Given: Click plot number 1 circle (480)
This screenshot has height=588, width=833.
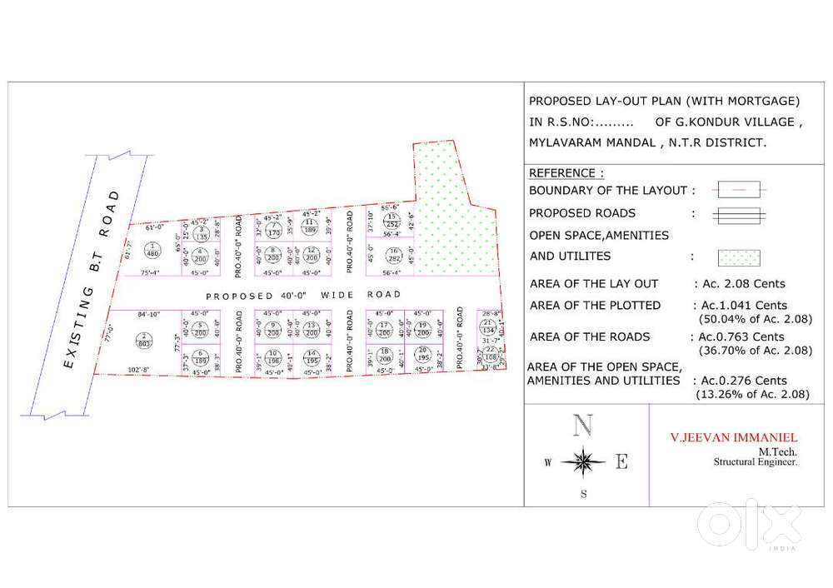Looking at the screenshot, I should click(x=152, y=249).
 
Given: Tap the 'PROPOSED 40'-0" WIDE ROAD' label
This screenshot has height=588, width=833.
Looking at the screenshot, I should click(x=303, y=295).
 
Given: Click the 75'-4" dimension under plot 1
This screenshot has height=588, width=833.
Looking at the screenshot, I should click(x=150, y=272).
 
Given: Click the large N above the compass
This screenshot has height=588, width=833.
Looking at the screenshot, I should click(x=583, y=426).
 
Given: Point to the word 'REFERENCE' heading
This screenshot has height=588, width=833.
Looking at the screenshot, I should click(x=563, y=173).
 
